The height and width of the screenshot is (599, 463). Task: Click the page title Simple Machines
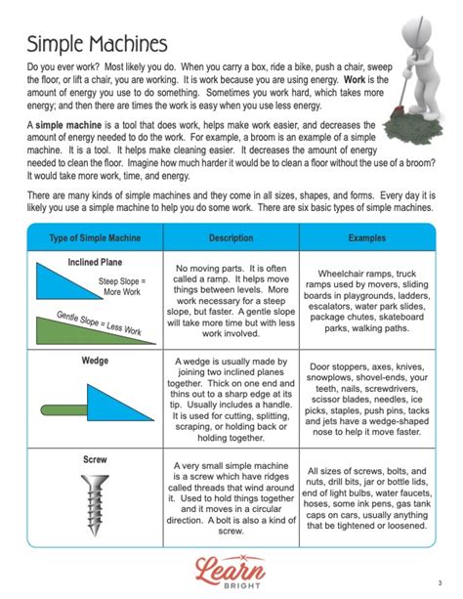click(x=97, y=45)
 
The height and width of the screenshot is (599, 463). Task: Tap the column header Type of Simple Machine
click(x=94, y=238)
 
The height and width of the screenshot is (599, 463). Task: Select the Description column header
click(x=231, y=238)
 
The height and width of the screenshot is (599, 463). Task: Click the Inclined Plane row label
click(x=94, y=263)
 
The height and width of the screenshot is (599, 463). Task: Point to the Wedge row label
click(x=94, y=361)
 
